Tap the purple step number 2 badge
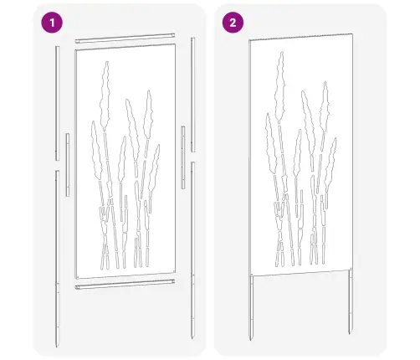(229, 23)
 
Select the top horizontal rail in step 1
(126, 39)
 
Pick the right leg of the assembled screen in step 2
(350, 306)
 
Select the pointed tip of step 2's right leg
(350, 337)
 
